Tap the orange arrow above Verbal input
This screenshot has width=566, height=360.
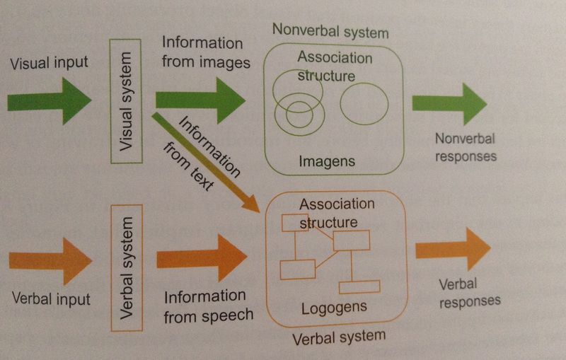(x=51, y=261)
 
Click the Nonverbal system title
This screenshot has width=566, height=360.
(x=330, y=33)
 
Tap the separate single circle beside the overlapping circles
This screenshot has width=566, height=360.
(x=364, y=104)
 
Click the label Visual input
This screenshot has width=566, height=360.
(x=49, y=62)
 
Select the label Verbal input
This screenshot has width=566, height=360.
(x=51, y=298)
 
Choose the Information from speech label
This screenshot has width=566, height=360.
(x=208, y=306)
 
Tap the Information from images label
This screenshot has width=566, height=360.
(x=206, y=53)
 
